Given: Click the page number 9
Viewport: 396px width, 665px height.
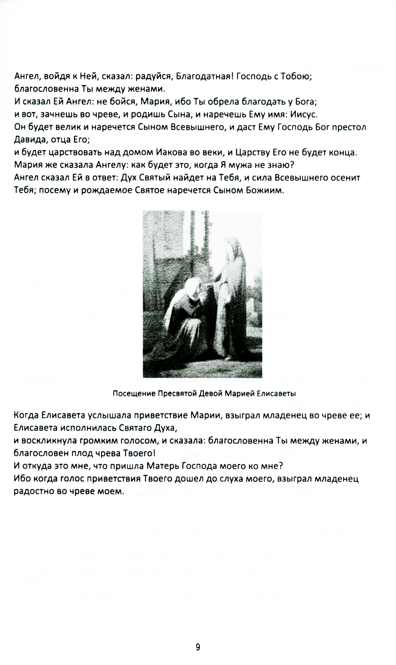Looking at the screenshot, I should [x=198, y=648].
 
